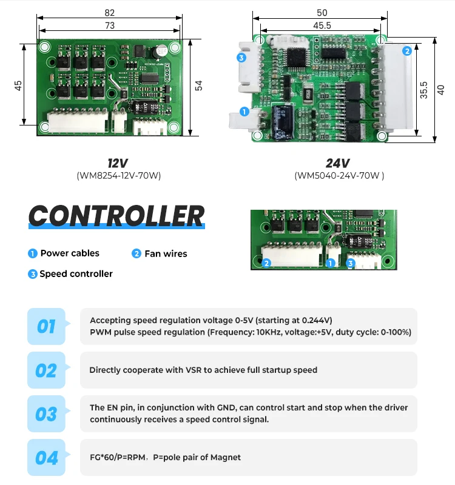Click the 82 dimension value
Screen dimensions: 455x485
point(109,13)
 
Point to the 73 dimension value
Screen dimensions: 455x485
point(109,25)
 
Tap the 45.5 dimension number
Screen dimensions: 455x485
point(322,25)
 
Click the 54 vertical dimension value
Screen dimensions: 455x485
point(198,85)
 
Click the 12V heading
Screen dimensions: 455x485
point(118,163)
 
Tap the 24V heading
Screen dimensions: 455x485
point(338,163)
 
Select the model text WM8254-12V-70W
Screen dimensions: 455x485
point(118,176)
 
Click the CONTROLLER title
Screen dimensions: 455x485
point(117,216)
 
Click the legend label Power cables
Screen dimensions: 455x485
point(70,253)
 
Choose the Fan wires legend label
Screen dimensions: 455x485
point(166,253)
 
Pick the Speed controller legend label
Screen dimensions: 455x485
point(76,274)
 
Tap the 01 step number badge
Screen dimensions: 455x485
point(46,327)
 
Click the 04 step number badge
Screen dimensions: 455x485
point(46,458)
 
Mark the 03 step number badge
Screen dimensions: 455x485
point(46,414)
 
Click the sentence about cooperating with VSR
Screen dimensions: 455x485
point(203,370)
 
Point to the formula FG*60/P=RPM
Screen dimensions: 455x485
point(117,457)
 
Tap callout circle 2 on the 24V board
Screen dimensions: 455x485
point(406,52)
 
